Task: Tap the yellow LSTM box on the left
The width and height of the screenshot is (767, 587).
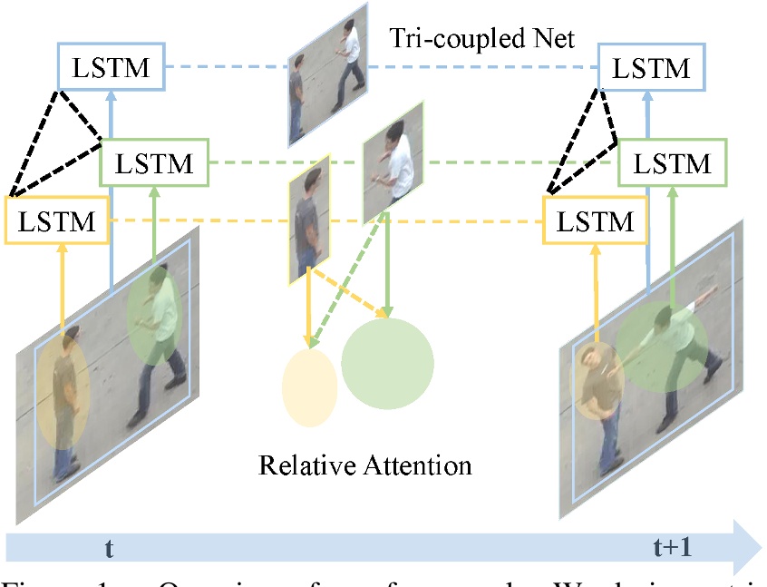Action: click(56, 220)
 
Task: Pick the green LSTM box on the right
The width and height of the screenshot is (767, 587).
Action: click(673, 163)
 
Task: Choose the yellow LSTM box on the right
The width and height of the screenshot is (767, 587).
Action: click(594, 220)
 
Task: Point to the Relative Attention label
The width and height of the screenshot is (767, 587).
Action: click(365, 465)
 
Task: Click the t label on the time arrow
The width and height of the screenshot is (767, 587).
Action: click(110, 547)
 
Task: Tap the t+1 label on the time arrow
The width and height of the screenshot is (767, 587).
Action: click(672, 547)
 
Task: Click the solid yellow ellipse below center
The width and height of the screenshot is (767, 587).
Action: click(310, 386)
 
